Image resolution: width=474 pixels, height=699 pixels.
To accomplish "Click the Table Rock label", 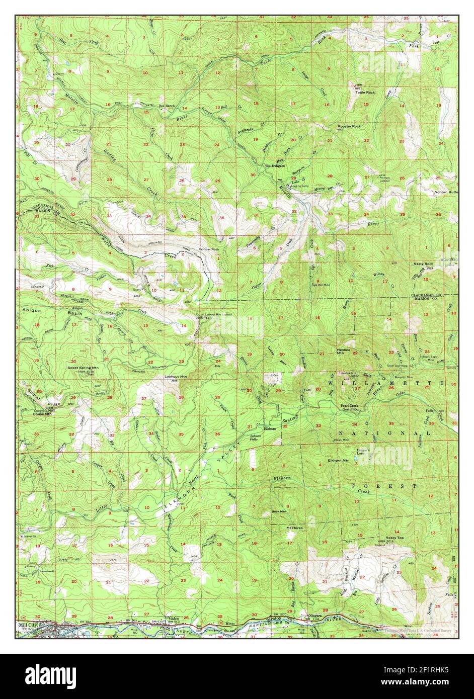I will [x=365, y=93].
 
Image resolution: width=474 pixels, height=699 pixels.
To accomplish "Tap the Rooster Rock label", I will [x=349, y=126].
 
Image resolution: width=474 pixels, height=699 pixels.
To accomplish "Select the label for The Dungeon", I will [x=275, y=165].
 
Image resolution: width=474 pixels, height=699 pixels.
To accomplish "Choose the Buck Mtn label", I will [x=279, y=511].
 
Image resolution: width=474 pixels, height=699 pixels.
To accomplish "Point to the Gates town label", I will [x=174, y=619].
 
